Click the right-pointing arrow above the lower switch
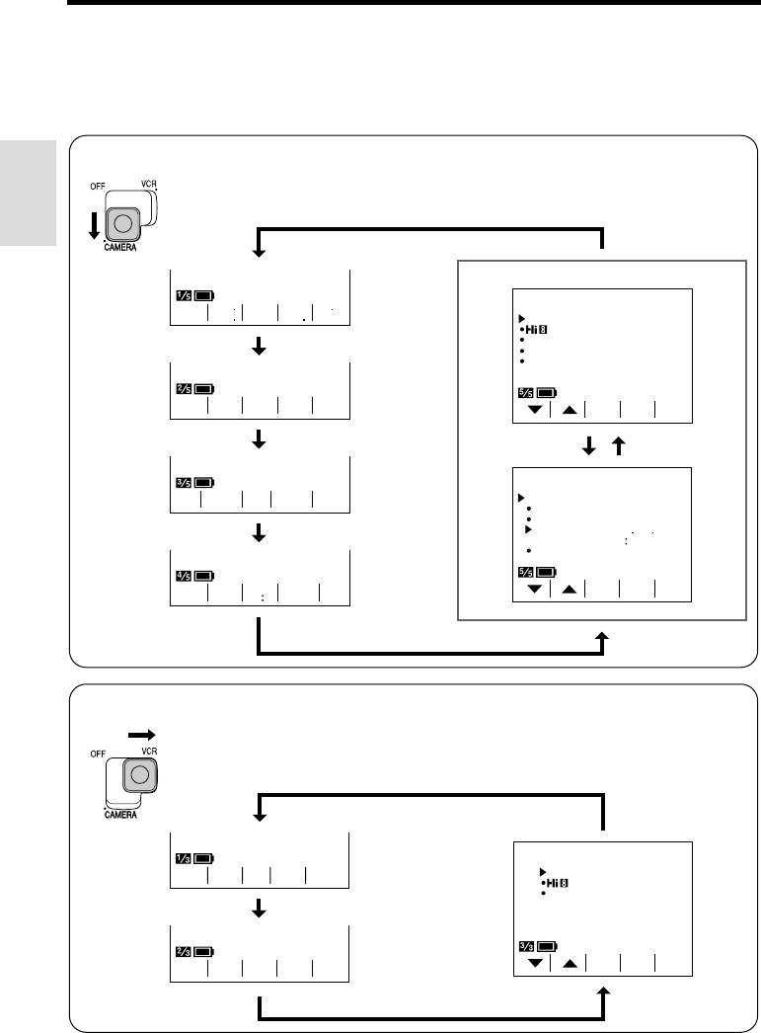pyautogui.click(x=142, y=735)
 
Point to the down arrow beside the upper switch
pyautogui.click(x=92, y=225)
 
